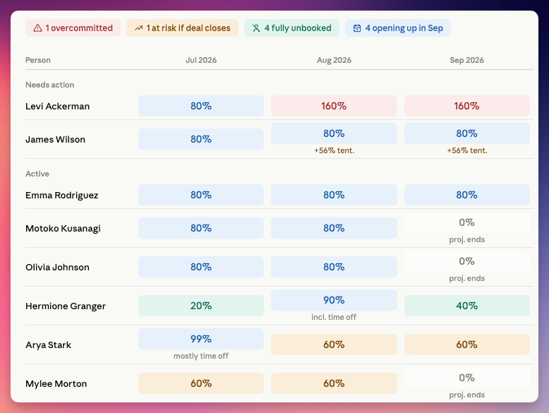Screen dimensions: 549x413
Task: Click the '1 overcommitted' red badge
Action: (73, 28)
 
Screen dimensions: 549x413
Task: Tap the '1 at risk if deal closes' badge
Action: (183, 28)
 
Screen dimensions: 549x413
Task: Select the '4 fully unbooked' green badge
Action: (291, 28)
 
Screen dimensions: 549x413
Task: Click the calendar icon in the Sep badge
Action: (357, 28)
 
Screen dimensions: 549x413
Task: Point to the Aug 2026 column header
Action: (334, 60)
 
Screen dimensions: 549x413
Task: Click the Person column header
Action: (38, 60)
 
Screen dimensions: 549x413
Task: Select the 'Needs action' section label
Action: (49, 85)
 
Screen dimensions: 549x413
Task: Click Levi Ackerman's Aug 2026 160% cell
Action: (334, 106)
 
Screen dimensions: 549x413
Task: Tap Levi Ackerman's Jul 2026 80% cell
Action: (201, 106)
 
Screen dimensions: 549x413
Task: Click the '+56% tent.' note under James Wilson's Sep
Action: (467, 150)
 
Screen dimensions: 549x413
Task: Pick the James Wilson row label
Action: (55, 139)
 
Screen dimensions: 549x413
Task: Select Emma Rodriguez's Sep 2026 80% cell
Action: (467, 195)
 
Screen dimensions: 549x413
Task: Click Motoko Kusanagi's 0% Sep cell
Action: (467, 222)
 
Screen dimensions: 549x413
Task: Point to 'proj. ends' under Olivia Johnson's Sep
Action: (467, 278)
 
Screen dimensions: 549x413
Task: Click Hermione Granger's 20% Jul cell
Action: (201, 306)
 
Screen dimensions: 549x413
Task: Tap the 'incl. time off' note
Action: (334, 317)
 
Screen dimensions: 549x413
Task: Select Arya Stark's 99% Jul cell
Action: (201, 339)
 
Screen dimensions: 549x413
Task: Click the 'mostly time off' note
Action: (201, 356)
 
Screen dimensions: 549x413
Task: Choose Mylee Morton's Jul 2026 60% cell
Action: (201, 383)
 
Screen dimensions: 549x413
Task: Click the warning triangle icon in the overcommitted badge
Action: (37, 28)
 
